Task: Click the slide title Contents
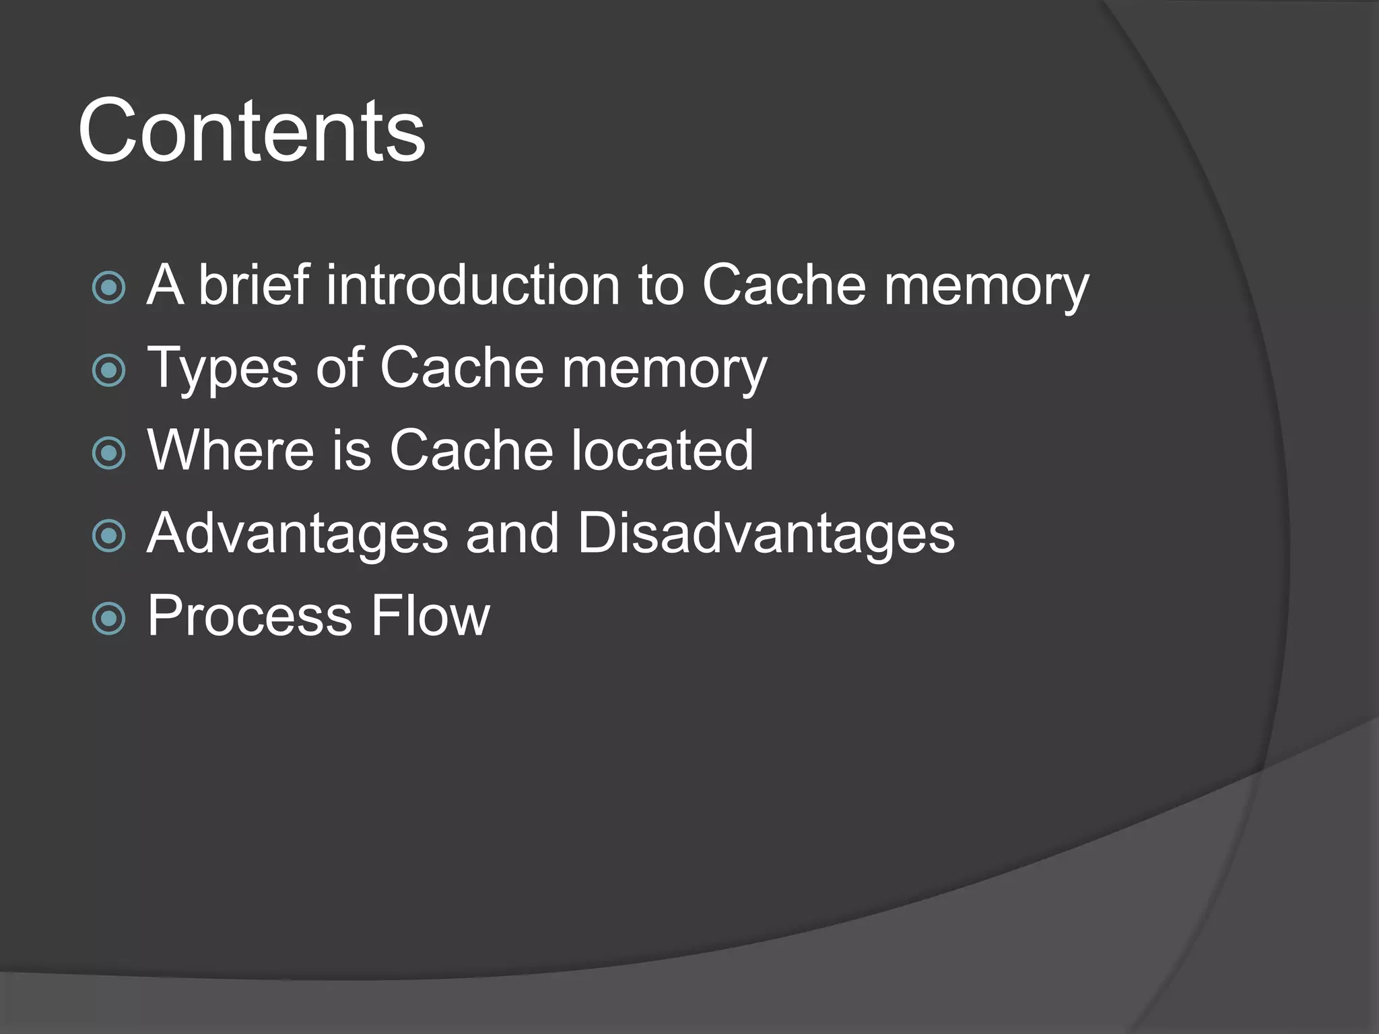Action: point(251,131)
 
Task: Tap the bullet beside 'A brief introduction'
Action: point(109,287)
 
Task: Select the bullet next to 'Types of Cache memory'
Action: point(109,370)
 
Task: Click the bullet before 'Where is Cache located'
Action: point(109,452)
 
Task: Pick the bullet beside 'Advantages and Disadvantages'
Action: point(109,536)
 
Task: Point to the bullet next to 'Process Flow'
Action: point(109,618)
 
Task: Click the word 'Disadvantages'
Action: point(766,533)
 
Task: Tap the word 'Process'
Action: point(250,616)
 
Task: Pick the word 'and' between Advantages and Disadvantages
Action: point(512,533)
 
